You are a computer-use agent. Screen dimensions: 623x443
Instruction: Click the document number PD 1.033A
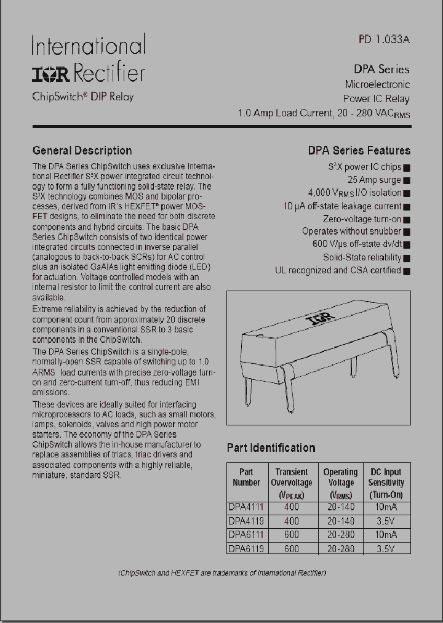click(x=384, y=39)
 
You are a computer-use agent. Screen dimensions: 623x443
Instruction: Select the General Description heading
click(x=82, y=150)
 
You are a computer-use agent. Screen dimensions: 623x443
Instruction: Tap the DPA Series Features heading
click(x=359, y=150)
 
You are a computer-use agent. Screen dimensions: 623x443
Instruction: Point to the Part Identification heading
click(x=271, y=448)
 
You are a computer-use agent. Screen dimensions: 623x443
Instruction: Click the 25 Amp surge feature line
click(x=374, y=180)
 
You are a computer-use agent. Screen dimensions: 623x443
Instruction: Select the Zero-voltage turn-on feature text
click(x=362, y=219)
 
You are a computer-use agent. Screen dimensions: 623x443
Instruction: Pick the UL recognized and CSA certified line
click(x=338, y=270)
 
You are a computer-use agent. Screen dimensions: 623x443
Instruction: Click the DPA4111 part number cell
click(x=245, y=507)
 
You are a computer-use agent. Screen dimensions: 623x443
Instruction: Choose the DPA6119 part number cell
click(x=245, y=549)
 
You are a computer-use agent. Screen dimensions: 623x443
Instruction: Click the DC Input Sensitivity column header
click(x=386, y=483)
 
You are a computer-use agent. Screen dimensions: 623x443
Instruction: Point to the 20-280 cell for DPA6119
click(x=341, y=549)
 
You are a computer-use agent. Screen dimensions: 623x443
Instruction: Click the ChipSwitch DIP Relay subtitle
click(x=82, y=97)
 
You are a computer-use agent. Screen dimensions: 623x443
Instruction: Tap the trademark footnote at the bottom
click(x=221, y=573)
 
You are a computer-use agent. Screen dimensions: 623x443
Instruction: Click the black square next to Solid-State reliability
click(x=407, y=258)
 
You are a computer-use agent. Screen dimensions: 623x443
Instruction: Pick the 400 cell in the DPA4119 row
click(x=292, y=521)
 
